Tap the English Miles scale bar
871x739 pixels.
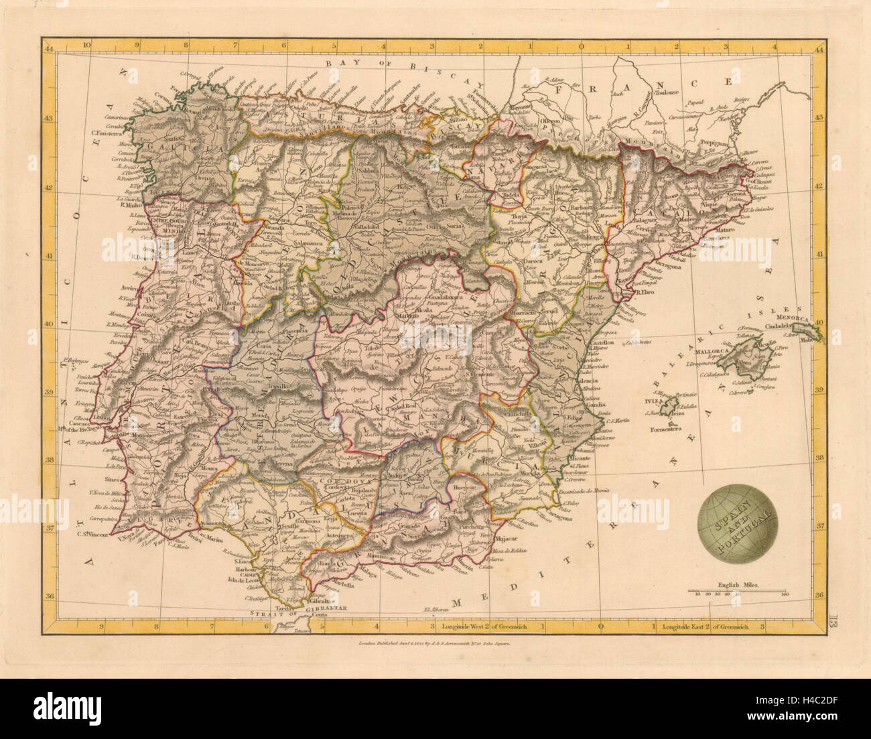click(737, 590)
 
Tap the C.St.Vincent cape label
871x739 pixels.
click(94, 533)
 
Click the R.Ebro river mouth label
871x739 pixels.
click(645, 292)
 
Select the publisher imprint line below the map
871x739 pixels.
click(435, 644)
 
